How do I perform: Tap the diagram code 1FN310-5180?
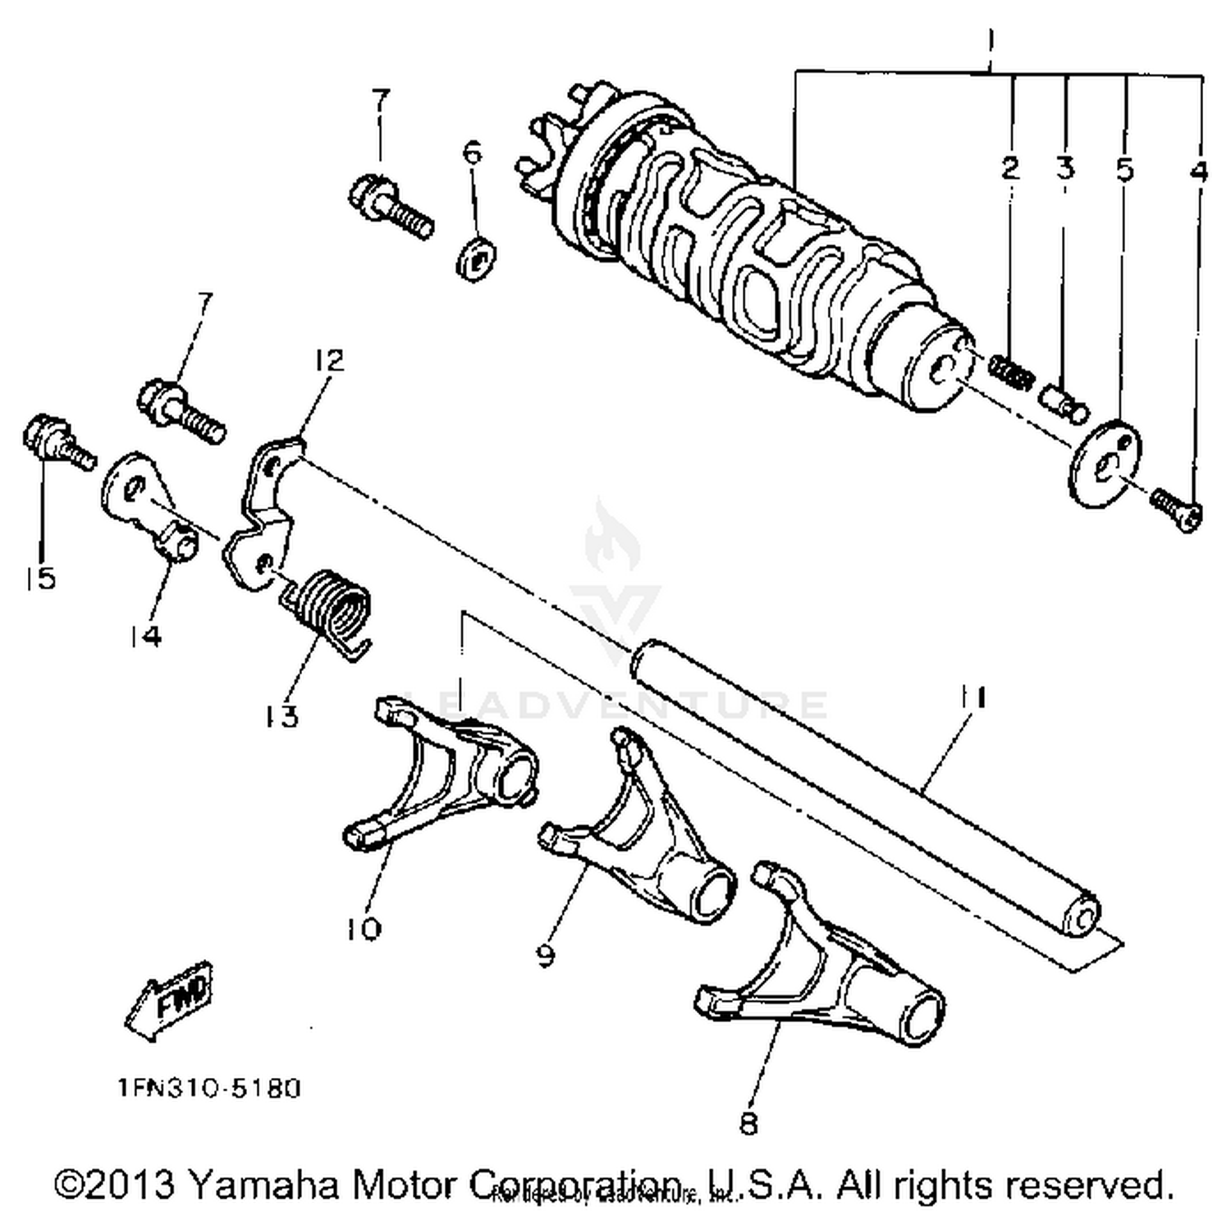(x=209, y=1089)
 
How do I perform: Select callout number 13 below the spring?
(x=281, y=716)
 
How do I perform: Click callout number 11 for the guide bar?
(x=973, y=697)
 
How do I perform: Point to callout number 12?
(x=328, y=360)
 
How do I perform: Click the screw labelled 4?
(x=1177, y=508)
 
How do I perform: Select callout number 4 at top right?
(x=1198, y=171)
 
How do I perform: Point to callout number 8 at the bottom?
(x=748, y=1122)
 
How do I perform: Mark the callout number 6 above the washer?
(x=473, y=153)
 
